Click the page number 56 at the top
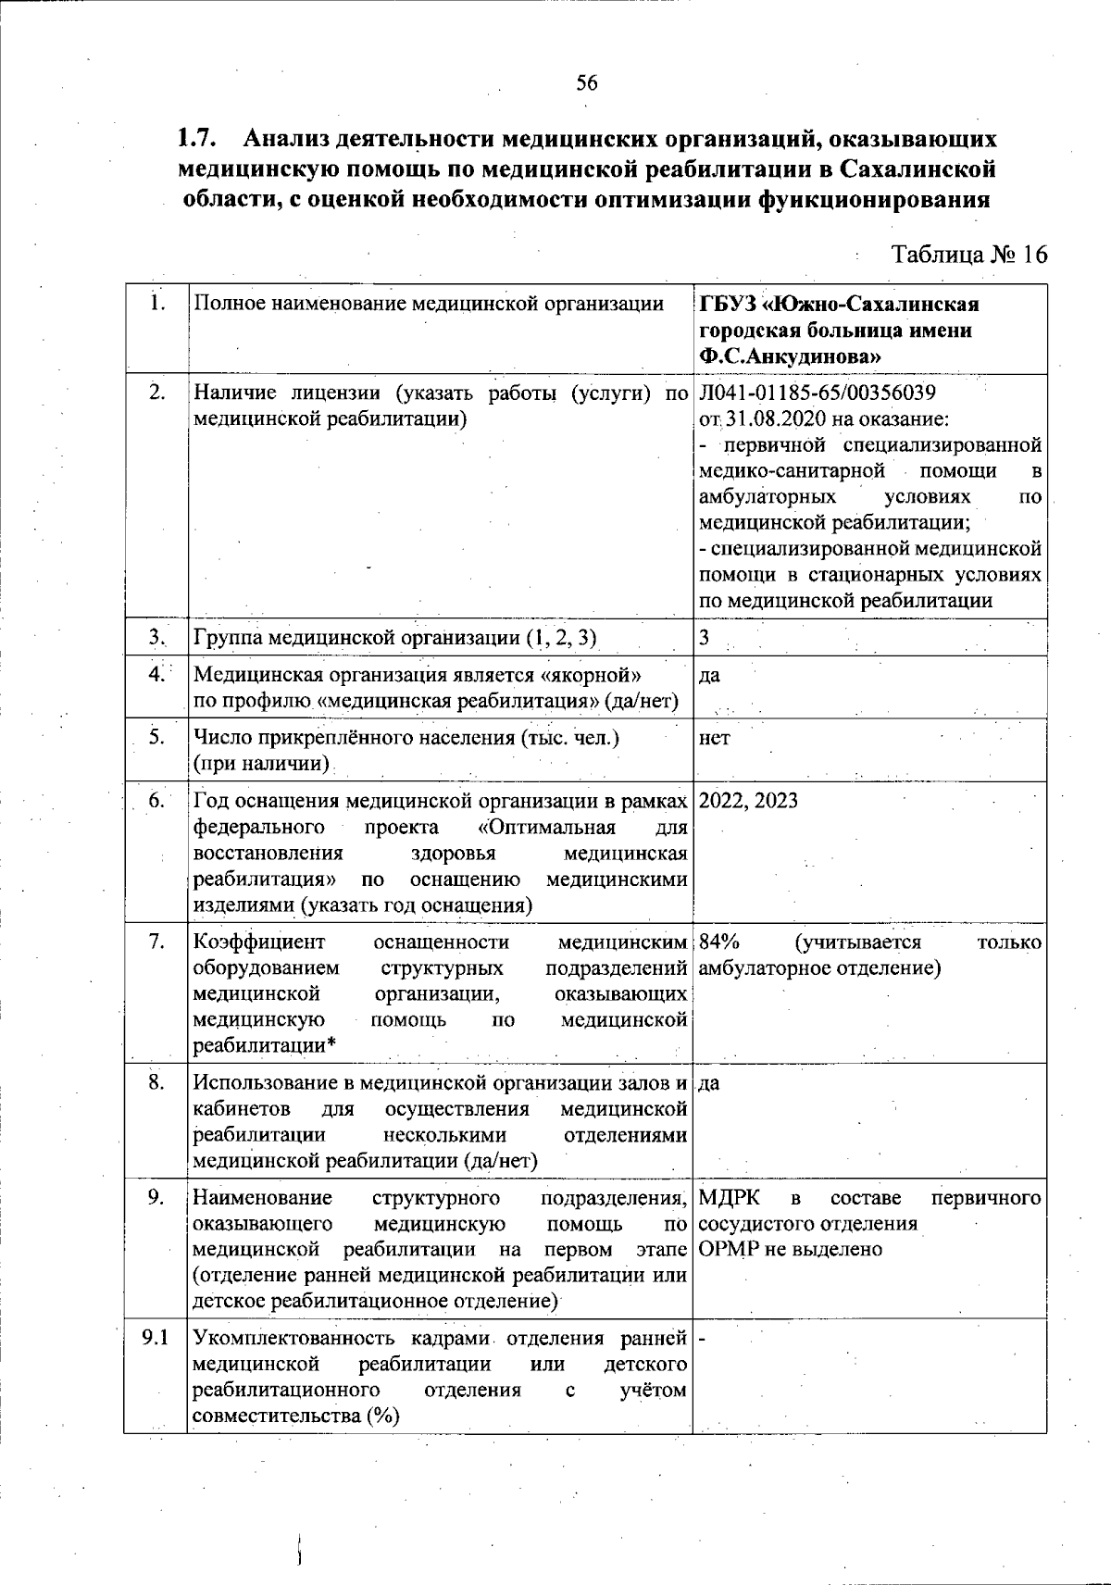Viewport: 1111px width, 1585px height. click(x=587, y=83)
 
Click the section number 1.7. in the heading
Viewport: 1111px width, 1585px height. click(x=197, y=140)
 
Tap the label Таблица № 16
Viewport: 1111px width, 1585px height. click(x=968, y=255)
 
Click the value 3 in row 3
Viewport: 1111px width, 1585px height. click(x=705, y=638)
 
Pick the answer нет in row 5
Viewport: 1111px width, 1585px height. click(x=714, y=738)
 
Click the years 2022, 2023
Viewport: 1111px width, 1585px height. click(x=748, y=801)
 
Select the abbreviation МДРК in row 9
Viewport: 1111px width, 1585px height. click(x=730, y=1198)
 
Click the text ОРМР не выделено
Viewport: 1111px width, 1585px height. click(x=790, y=1250)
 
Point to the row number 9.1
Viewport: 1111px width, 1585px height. click(x=156, y=1338)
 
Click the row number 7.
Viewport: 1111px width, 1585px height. click(x=156, y=942)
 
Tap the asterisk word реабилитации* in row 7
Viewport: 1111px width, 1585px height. click(x=264, y=1046)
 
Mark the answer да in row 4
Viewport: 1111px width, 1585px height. click(x=709, y=676)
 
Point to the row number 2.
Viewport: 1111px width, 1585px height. click(x=156, y=393)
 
